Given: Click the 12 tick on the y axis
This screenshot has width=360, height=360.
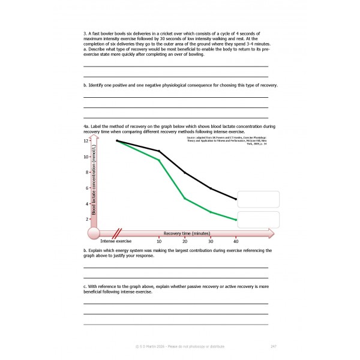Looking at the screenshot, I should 86,141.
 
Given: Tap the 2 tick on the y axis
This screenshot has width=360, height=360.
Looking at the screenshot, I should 87,220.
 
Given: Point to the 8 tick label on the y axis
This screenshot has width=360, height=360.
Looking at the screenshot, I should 87,173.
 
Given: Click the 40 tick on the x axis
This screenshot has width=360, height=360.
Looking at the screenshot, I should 236,241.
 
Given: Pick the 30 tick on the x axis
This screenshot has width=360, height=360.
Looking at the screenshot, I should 210,241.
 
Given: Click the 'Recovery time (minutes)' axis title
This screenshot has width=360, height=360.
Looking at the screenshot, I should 187,233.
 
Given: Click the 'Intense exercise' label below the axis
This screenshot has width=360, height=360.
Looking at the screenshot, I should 116,241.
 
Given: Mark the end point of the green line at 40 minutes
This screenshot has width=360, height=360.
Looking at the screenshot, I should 236,220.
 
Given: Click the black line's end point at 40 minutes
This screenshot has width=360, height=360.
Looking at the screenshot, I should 236,199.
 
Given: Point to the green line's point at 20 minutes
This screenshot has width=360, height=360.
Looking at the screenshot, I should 184,198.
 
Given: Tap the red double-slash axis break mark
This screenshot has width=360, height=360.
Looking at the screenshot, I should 118,233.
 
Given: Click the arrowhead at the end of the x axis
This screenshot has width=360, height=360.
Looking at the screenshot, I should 271,233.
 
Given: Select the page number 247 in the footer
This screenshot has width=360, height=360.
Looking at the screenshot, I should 273,346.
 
